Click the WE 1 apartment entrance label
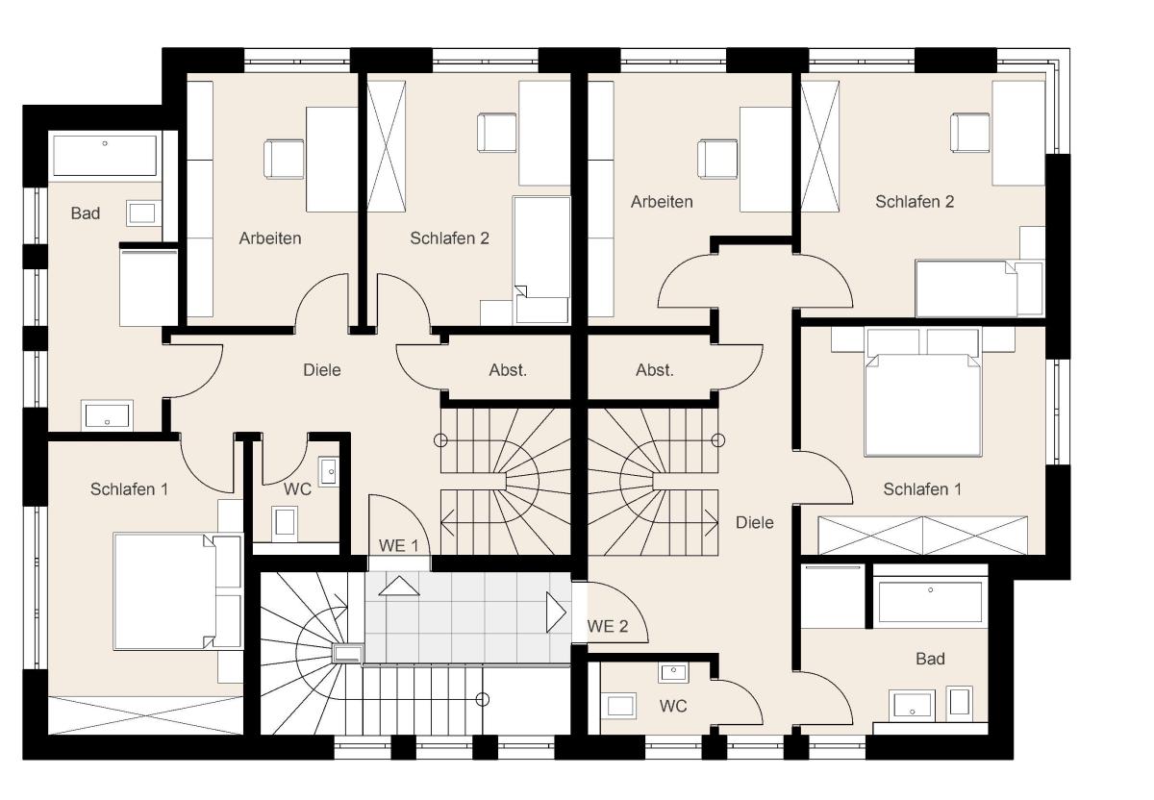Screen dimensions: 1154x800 (x=398, y=545)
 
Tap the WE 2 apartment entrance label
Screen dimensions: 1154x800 (x=608, y=626)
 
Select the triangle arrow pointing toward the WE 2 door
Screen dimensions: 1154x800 (x=556, y=612)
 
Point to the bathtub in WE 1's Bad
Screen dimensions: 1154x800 (x=105, y=156)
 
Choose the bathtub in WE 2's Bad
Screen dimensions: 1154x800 (x=930, y=602)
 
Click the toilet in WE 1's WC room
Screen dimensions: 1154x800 (x=285, y=524)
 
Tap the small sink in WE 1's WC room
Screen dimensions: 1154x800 (x=328, y=471)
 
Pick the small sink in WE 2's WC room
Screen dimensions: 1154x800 (x=673, y=672)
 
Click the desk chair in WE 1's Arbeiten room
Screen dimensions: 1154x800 (x=284, y=160)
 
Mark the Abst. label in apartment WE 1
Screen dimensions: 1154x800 (x=508, y=370)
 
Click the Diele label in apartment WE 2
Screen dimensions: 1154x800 (x=754, y=522)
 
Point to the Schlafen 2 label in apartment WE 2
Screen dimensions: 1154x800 (x=915, y=201)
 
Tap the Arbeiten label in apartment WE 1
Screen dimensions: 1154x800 (x=270, y=238)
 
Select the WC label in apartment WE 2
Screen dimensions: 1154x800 (x=673, y=706)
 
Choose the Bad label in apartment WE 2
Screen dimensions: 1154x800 (x=930, y=659)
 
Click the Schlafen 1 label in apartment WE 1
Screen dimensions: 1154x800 (x=129, y=488)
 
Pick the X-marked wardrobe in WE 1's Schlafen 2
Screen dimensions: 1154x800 (x=386, y=146)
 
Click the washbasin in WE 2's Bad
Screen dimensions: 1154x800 (x=912, y=705)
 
